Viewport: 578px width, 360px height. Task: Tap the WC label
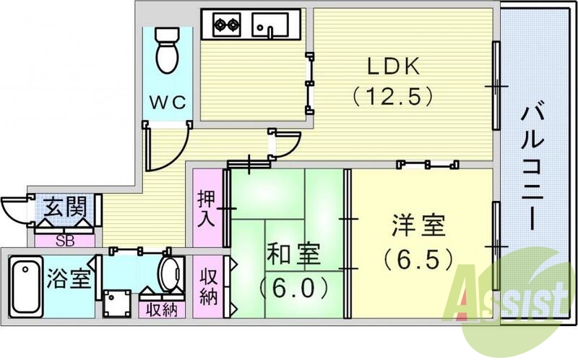pos(168,103)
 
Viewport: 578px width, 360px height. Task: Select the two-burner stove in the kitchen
pos(227,27)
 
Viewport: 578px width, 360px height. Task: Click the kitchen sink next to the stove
pos(270,26)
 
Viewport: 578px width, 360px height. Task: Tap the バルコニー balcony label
pos(535,166)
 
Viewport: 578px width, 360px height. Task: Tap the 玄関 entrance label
pos(64,208)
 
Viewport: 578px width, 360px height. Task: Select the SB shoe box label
pos(64,239)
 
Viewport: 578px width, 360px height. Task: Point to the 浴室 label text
pos(70,280)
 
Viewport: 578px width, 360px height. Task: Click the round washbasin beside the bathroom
pos(172,275)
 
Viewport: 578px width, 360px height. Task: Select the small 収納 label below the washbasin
pos(163,310)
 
